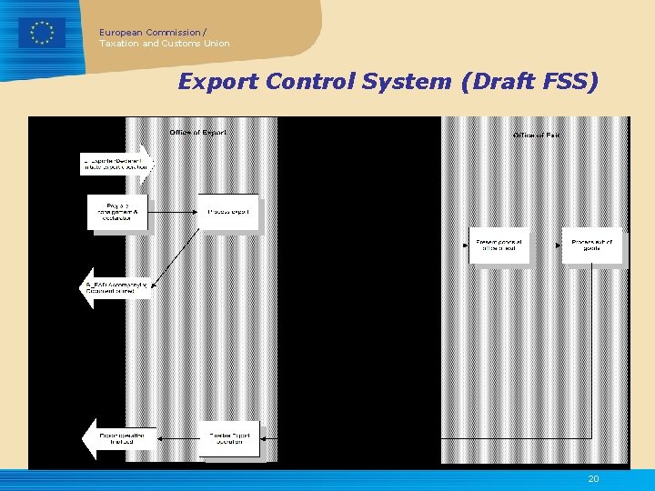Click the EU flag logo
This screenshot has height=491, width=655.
click(x=42, y=33)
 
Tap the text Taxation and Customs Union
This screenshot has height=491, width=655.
click(x=164, y=43)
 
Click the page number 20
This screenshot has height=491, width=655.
click(x=593, y=479)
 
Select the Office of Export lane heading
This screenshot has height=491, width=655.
click(x=197, y=133)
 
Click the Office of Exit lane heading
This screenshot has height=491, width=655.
click(x=536, y=135)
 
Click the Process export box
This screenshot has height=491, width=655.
click(x=227, y=212)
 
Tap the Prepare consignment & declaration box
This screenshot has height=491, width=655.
click(x=116, y=212)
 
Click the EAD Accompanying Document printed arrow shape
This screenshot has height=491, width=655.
click(x=116, y=287)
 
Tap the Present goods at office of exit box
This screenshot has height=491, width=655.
click(x=499, y=245)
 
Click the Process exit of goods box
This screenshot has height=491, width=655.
click(x=592, y=245)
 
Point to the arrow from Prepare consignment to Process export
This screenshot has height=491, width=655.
click(x=173, y=212)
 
